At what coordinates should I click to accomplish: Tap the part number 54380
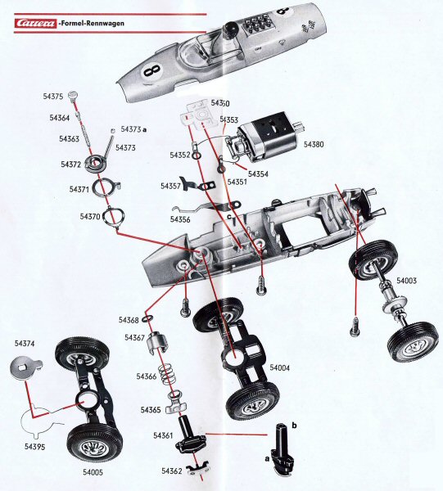[x=314, y=144]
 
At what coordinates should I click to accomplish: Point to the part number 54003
[x=407, y=281]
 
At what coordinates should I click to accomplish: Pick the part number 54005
[x=94, y=471]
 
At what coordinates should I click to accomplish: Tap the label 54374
[x=25, y=344]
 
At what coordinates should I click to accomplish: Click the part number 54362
[x=171, y=471]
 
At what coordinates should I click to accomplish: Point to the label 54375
[x=52, y=97]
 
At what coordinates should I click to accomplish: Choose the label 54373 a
[x=134, y=128]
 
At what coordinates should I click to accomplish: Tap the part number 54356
[x=179, y=218]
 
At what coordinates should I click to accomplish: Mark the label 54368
[x=129, y=320]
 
